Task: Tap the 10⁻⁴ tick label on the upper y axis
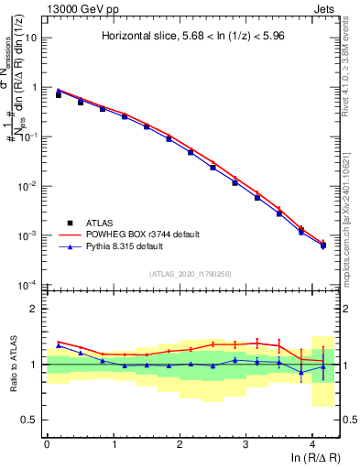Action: [30, 285]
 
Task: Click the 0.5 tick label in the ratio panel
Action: [31, 420]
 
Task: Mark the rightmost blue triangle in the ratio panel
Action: [322, 367]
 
